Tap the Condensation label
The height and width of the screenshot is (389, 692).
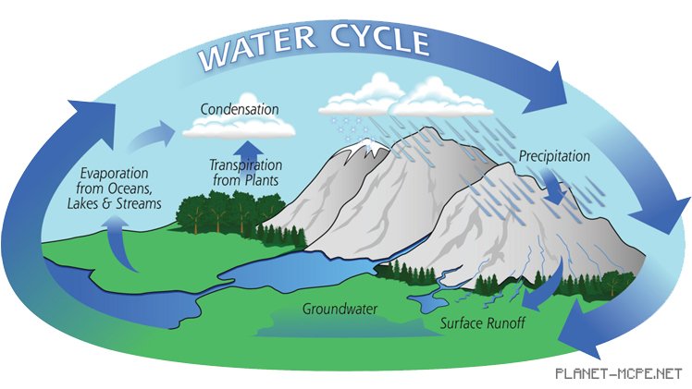(x=240, y=109)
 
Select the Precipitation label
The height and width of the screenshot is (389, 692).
(x=553, y=156)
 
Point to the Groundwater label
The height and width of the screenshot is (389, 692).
(x=340, y=308)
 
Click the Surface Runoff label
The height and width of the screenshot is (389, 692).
(x=482, y=324)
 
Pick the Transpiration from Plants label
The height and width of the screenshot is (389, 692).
(x=244, y=173)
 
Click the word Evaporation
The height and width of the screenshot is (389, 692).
(x=114, y=173)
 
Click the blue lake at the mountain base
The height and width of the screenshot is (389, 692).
(x=305, y=270)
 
